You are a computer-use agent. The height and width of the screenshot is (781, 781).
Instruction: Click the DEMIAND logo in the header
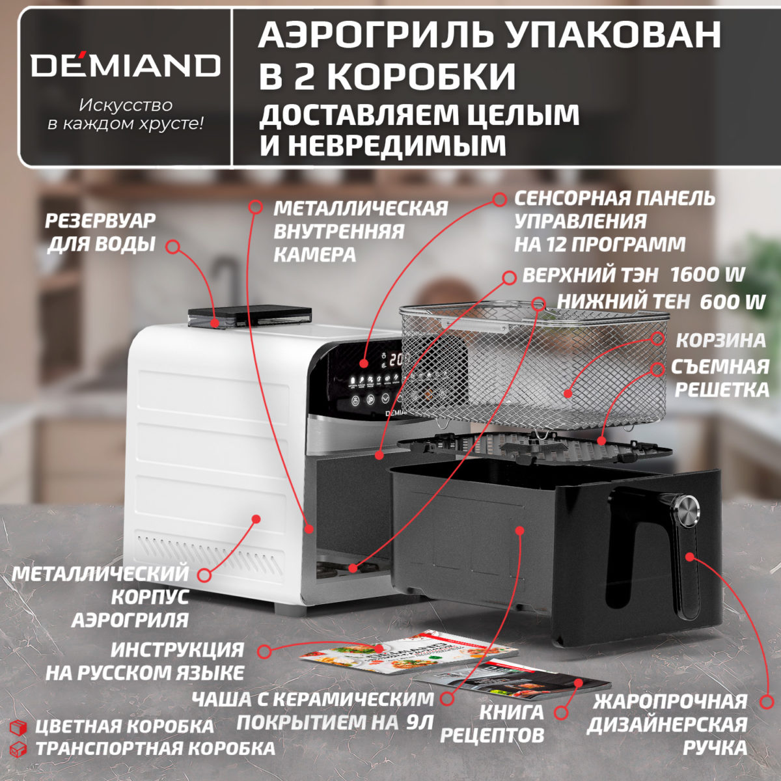126,65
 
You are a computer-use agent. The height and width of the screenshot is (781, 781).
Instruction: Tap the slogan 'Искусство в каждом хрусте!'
126,115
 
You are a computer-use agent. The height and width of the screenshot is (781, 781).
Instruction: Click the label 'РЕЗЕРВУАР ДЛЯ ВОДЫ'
101,232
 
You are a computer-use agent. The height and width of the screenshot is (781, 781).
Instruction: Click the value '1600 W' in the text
707,275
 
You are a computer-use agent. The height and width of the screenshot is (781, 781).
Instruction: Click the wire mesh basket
534,364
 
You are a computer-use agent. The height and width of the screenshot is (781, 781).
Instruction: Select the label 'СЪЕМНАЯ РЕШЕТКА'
721,378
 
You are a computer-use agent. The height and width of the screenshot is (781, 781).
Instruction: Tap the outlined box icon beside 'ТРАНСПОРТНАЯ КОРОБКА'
20,748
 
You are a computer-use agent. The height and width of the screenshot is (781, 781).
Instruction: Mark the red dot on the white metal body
256,519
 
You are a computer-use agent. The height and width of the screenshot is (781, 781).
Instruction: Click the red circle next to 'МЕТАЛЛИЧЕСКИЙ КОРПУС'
204,575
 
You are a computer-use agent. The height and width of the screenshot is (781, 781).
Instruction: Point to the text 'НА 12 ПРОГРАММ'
599,244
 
